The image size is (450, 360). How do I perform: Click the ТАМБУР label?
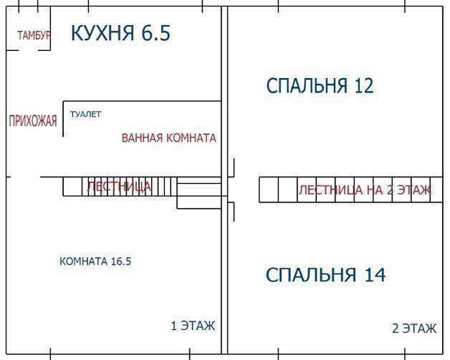point(34,35)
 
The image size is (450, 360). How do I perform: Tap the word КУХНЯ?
point(102,33)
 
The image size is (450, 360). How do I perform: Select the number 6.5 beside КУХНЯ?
point(155,33)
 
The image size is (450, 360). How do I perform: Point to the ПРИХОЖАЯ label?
point(33,120)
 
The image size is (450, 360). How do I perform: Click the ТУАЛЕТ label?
point(85,114)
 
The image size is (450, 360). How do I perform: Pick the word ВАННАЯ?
point(142,138)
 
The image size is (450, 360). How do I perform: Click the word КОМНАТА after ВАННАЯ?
point(191,138)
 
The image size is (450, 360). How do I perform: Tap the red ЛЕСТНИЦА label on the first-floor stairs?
point(119,186)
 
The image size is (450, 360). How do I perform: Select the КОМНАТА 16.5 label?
point(95,262)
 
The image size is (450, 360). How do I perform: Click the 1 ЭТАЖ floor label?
point(193,326)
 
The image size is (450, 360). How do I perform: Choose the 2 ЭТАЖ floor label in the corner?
point(414,328)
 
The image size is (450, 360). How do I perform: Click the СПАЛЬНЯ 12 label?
point(320,85)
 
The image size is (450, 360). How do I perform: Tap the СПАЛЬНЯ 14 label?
point(326,275)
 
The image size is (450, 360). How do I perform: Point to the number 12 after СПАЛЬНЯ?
point(364,85)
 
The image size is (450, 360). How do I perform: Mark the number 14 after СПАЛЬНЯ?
point(375,275)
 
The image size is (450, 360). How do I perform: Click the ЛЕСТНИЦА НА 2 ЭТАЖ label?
point(365,190)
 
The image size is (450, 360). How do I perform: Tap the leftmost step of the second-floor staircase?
point(269,189)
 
